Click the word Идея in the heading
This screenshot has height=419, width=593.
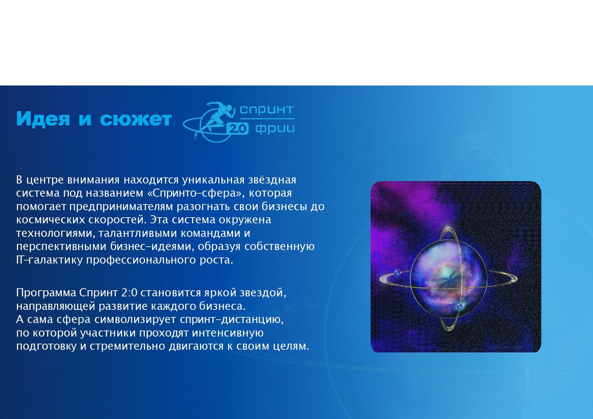(x=43, y=119)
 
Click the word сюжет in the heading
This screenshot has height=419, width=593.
(x=136, y=119)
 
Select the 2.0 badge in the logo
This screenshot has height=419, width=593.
(x=238, y=128)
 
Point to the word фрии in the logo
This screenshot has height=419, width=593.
(x=275, y=129)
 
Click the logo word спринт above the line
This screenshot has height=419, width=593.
(x=267, y=109)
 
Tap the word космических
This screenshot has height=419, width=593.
(x=51, y=220)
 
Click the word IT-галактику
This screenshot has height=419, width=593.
(x=49, y=260)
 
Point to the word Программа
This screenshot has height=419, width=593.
(x=46, y=293)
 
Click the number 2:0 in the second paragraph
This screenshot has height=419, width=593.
(x=129, y=292)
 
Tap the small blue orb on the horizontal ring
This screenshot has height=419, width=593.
(x=397, y=273)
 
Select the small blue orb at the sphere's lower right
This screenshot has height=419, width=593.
(x=459, y=306)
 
